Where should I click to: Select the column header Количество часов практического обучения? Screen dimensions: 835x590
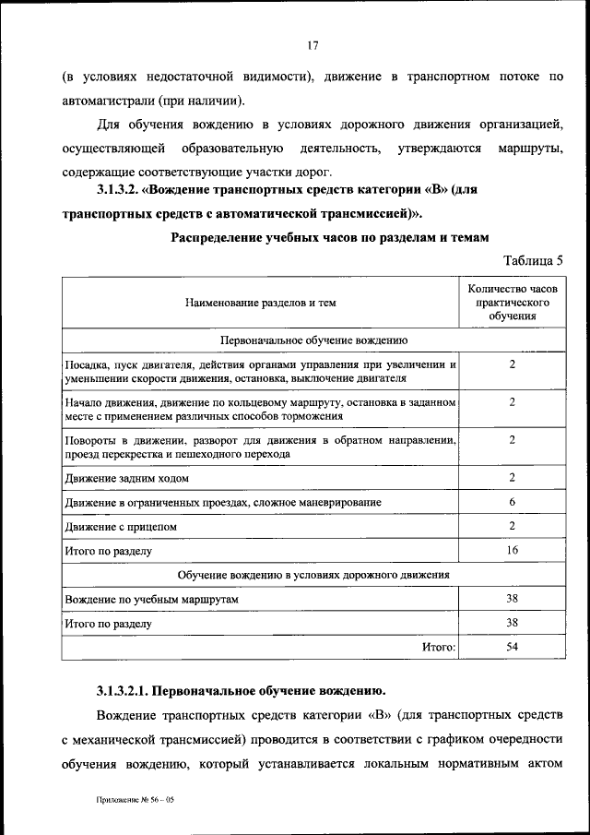point(513,303)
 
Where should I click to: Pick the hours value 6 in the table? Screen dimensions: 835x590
point(513,501)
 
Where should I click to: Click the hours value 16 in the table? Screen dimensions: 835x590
point(513,550)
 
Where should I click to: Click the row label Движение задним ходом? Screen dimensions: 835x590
point(127,478)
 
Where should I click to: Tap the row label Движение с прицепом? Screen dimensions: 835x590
point(121,526)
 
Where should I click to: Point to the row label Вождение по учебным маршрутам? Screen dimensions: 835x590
point(152,600)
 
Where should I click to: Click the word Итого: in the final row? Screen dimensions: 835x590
point(440,648)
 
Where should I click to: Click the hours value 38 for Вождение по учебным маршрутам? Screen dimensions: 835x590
point(513,598)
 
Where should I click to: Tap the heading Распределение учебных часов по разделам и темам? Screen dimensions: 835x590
point(326,237)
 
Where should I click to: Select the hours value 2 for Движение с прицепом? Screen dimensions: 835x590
point(513,525)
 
